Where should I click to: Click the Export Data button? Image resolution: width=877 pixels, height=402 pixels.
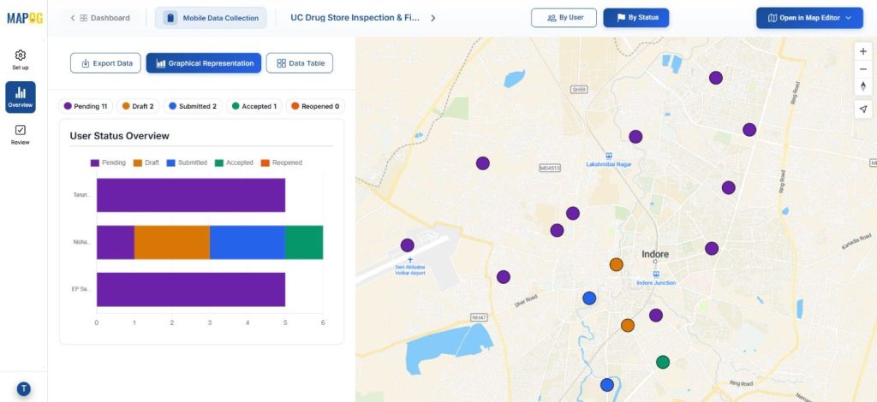pos(106,63)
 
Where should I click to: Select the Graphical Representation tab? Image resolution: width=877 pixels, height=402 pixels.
pos(204,63)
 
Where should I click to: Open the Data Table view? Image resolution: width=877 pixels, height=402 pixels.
pos(299,63)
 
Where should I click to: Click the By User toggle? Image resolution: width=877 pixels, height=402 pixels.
pos(564,17)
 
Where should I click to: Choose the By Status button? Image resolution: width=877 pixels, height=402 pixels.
pos(635,17)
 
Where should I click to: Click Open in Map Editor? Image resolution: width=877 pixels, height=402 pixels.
pos(809,17)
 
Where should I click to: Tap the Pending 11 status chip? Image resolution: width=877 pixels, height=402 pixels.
pos(85,106)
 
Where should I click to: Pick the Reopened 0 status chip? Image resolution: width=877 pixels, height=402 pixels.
pos(314,106)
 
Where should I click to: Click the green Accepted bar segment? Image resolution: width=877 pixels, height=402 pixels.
pos(304,242)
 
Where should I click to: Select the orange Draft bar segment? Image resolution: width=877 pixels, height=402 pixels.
pos(172,242)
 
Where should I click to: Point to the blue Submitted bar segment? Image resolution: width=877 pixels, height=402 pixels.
pos(248,242)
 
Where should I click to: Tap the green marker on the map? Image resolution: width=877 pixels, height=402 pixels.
pos(662,362)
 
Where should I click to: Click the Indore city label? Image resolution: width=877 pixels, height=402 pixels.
pos(655,254)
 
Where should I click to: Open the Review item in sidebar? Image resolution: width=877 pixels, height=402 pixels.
pos(21,134)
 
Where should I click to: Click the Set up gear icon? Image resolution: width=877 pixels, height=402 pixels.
pos(21,56)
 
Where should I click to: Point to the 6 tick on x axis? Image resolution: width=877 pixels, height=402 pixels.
pos(323,322)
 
